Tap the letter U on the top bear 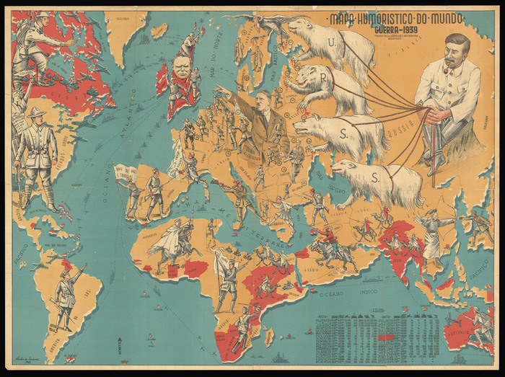click(x=331, y=43)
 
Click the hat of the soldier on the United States click(x=35, y=112)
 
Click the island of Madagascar click(x=269, y=335)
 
